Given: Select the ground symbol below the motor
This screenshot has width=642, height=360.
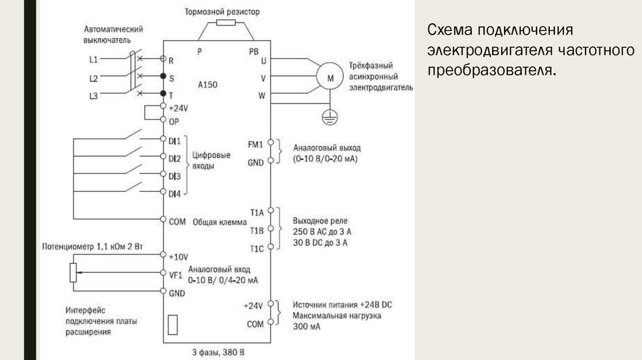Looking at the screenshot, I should tap(327, 114).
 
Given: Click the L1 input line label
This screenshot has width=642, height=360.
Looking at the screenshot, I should tap(93, 60).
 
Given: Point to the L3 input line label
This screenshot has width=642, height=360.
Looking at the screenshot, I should tap(93, 95).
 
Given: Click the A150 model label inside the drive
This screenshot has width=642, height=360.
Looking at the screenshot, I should tap(208, 83).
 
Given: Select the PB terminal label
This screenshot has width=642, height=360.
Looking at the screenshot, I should tap(254, 51).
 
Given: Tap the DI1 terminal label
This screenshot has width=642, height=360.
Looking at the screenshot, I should tap(175, 140).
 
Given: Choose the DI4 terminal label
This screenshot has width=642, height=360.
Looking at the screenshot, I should tap(175, 194).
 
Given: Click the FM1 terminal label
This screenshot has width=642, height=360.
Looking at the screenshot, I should tap(255, 144).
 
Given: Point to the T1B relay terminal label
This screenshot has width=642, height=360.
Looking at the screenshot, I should tap(256, 230).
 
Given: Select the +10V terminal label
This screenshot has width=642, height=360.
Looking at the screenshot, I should tap(179, 257).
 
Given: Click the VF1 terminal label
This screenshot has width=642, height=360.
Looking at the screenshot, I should tap(176, 274).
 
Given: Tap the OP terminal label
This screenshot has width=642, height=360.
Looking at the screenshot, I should tap(174, 122).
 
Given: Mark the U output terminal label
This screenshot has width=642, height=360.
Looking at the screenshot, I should tap(263, 61).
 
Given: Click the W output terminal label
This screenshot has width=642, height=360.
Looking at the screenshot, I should tap(263, 96).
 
